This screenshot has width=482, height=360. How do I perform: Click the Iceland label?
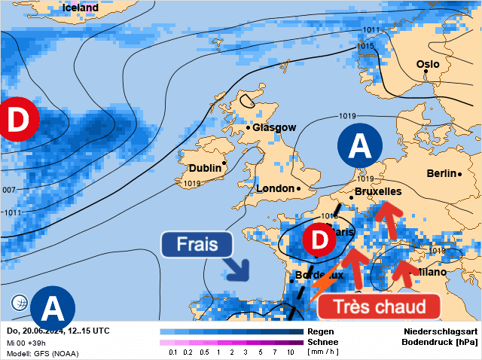click(80, 8)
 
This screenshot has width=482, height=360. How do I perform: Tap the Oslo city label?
click(428, 65)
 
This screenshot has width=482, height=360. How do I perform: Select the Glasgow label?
click(274, 128)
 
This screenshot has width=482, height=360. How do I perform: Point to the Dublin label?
click(204, 168)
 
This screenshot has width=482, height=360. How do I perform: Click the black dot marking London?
click(298, 188)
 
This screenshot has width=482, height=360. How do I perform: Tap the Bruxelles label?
click(377, 193)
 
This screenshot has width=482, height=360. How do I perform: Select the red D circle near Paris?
click(319, 241)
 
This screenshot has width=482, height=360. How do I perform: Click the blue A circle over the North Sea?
click(360, 145)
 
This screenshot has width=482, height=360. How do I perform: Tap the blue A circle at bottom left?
click(52, 307)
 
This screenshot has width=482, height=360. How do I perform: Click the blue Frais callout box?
click(197, 245)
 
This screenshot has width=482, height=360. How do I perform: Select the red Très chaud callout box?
click(378, 307)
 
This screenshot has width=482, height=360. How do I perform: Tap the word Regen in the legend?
click(321, 331)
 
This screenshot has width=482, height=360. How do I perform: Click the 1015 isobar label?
click(365, 46)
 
